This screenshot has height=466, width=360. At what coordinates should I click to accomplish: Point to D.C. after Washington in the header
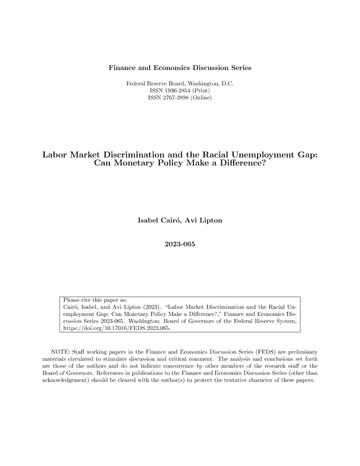tap(226, 84)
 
